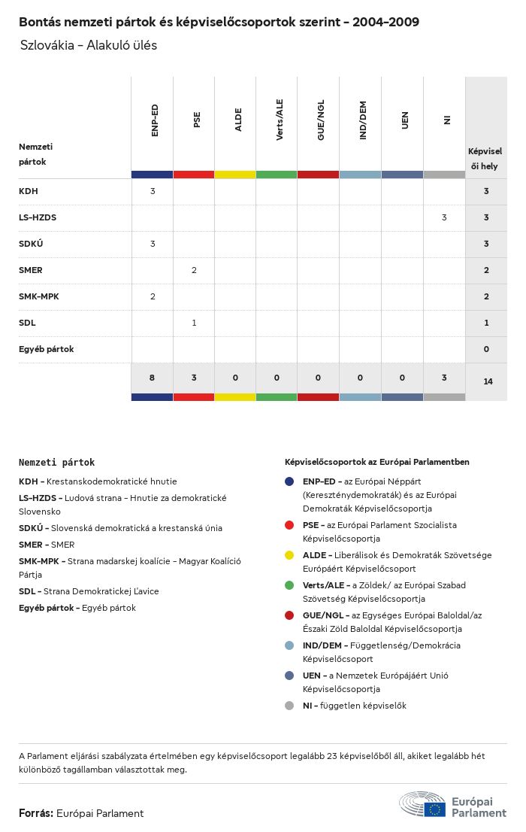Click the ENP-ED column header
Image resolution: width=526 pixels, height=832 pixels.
click(x=154, y=120)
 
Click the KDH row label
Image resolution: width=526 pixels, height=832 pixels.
click(x=28, y=191)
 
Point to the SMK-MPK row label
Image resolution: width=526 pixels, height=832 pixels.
click(x=39, y=296)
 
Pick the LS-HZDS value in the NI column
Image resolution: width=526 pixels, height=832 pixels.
click(x=444, y=217)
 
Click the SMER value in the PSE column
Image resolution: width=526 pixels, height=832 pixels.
click(x=194, y=270)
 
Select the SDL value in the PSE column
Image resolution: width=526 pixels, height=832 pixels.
click(x=194, y=323)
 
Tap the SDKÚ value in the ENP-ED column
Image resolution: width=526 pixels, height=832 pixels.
click(x=153, y=244)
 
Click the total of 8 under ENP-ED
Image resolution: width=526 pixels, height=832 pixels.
click(x=152, y=378)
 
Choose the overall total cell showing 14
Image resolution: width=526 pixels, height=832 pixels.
click(x=488, y=381)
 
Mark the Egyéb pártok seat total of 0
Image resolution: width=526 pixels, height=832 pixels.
click(x=486, y=349)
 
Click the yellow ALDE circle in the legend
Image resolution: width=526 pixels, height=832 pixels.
click(x=289, y=555)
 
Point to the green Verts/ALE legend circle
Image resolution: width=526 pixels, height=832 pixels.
click(x=289, y=585)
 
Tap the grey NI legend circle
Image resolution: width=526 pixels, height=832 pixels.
click(x=289, y=706)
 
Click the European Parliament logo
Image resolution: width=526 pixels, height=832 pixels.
click(x=452, y=805)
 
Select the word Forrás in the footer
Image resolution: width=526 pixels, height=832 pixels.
click(x=35, y=813)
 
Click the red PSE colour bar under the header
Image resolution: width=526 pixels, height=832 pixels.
click(x=194, y=175)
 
